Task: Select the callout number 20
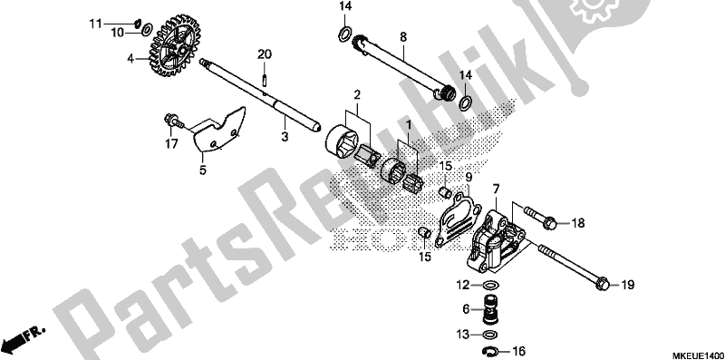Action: (x=264, y=55)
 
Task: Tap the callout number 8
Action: (x=403, y=37)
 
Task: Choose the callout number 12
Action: (x=462, y=285)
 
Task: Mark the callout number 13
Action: (x=462, y=334)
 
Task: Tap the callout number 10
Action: (x=118, y=33)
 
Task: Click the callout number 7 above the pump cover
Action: (x=496, y=188)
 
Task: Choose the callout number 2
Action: (x=357, y=94)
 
